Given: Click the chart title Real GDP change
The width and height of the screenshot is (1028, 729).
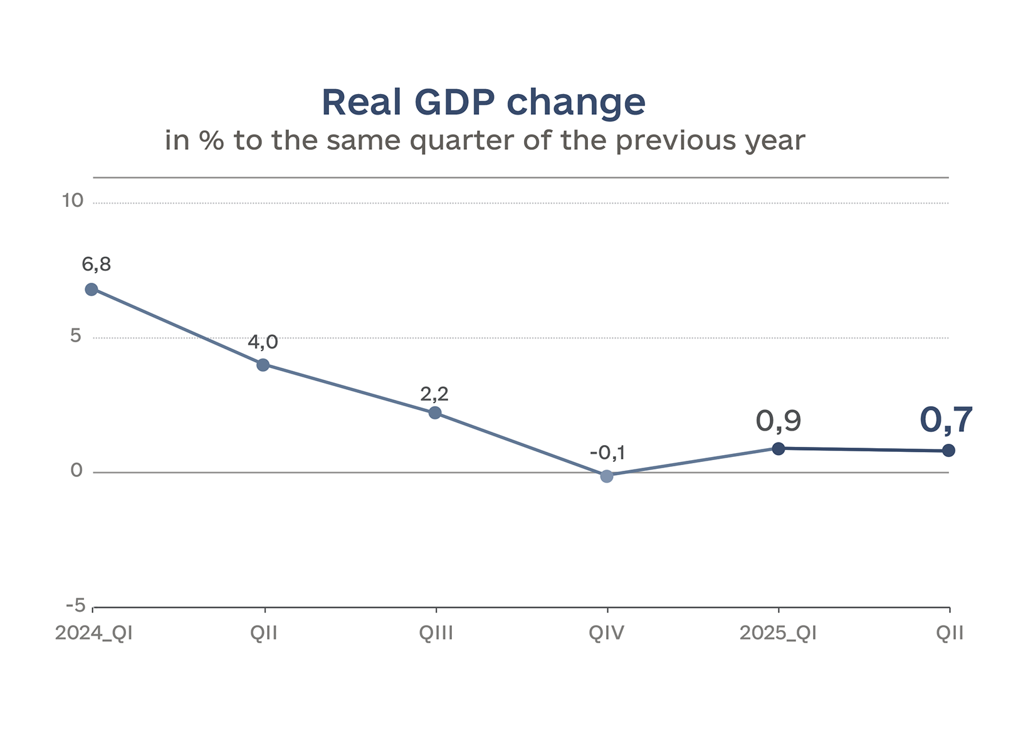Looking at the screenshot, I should (x=483, y=102).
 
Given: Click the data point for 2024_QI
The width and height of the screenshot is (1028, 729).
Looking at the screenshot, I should (x=92, y=289).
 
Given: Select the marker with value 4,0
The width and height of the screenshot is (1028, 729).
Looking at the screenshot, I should (x=263, y=365).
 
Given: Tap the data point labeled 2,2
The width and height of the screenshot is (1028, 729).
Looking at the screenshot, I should (x=435, y=412).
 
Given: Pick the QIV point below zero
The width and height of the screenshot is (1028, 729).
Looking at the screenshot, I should (x=607, y=476).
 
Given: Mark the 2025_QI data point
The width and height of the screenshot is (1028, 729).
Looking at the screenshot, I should (x=779, y=448).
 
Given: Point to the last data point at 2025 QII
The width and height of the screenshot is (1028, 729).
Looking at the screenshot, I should (x=949, y=450).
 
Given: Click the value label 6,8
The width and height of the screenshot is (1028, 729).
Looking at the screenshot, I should (x=97, y=265).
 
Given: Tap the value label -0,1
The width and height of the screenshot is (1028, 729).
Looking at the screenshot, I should (x=607, y=453).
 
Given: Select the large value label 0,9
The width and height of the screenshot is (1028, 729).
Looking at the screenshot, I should (x=779, y=421).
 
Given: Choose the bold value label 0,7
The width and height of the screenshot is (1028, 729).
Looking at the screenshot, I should (x=947, y=420).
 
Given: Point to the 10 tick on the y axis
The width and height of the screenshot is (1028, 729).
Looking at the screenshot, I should (x=73, y=201).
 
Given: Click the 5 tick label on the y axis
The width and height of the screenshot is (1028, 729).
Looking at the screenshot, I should (x=76, y=336).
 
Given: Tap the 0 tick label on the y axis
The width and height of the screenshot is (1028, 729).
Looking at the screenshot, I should (x=76, y=471).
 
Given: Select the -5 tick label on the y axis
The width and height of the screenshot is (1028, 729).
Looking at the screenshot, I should (x=76, y=606).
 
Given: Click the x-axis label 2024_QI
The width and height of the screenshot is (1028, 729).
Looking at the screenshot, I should (x=94, y=633).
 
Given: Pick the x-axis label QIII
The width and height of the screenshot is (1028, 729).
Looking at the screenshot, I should (x=436, y=633).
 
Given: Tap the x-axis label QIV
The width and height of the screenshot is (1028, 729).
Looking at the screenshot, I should (x=607, y=633).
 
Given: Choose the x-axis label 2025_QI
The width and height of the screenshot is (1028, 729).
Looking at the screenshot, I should (x=779, y=633).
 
